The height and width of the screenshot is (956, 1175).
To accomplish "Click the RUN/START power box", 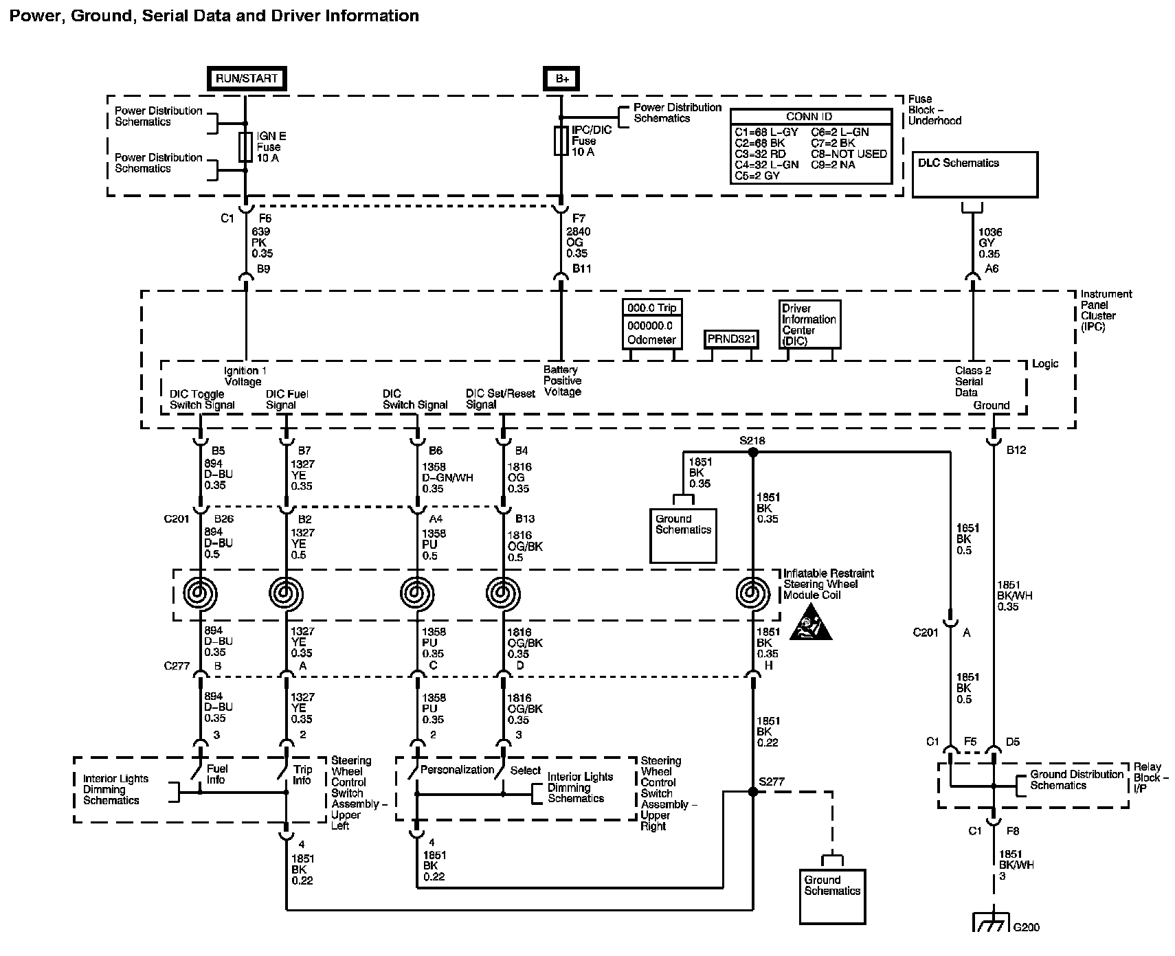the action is tap(247, 78).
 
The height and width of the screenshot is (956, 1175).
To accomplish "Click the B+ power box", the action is tap(561, 78).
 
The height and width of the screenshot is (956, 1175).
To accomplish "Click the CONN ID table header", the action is tap(812, 117).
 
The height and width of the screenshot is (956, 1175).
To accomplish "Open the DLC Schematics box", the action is tap(974, 175).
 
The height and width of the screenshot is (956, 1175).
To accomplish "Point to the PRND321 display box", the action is tap(730, 339).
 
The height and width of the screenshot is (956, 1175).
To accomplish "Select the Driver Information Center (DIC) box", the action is tap(809, 324).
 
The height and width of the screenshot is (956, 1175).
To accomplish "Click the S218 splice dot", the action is tap(752, 452).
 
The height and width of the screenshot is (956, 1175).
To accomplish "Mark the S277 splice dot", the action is tap(752, 791).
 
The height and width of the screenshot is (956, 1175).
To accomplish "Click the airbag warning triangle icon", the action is tap(811, 623).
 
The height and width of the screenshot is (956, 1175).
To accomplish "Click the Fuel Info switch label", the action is tap(216, 774).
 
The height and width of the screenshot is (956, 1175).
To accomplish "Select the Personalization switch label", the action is tap(458, 770).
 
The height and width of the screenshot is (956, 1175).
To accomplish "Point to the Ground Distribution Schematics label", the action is tap(1076, 779).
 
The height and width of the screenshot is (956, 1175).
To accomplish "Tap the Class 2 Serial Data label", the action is tap(973, 381).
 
